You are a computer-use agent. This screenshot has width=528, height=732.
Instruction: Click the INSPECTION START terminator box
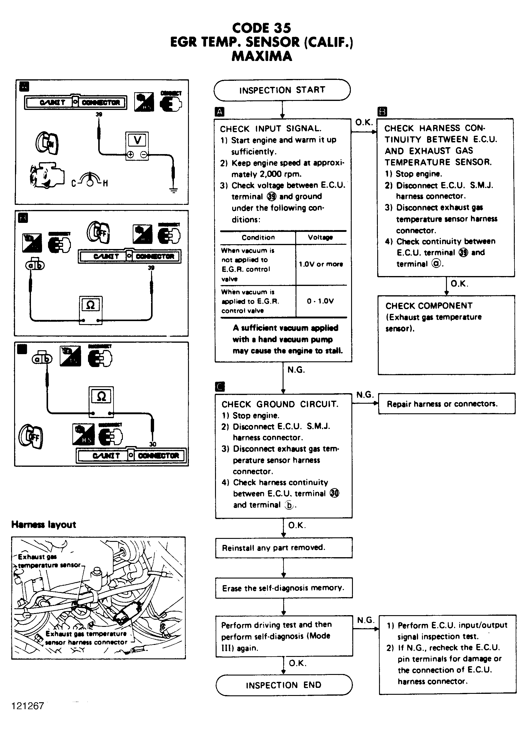pos(282,90)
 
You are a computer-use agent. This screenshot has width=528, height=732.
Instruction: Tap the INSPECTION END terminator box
pos(284,685)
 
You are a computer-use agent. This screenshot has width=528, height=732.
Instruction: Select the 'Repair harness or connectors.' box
pos(446,404)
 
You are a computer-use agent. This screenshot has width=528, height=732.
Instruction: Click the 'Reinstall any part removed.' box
pos(284,548)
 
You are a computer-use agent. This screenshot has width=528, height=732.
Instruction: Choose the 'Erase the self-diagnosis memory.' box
pos(284,588)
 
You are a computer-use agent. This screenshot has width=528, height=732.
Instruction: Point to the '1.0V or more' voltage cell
pos(321,264)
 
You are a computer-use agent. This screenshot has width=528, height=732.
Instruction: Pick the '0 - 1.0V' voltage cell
pos(320,301)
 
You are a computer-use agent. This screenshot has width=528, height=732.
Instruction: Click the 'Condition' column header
pos(258,238)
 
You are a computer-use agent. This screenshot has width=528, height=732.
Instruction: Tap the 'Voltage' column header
pos(320,238)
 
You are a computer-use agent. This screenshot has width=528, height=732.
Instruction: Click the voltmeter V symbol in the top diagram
pos(137,140)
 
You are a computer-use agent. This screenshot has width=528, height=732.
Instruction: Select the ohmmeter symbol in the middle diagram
pos(91,305)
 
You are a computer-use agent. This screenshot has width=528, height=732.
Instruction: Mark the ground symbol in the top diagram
pos(174,190)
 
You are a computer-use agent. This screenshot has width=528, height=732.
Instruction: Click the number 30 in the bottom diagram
pos(153,444)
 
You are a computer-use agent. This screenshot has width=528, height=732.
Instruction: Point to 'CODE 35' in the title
pos(261,28)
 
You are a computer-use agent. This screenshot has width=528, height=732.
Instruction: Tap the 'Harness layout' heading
pos(44,524)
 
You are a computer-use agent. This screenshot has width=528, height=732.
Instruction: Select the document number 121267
pos(28,706)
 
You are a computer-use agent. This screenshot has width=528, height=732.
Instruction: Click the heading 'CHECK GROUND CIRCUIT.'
pos(280,404)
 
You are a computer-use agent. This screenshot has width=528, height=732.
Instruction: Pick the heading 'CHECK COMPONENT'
pos(429,306)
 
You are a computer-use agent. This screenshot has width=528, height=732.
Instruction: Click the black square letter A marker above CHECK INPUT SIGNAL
pos(220,112)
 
